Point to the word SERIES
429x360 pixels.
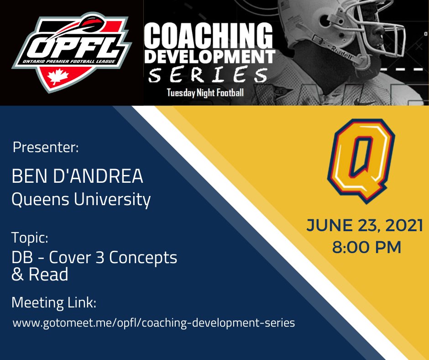tap(208, 75)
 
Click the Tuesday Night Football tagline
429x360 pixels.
tap(205, 93)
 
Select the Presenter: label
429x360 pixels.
tap(46, 148)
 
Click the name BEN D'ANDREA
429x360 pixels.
tap(77, 177)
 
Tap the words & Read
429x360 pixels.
tap(40, 275)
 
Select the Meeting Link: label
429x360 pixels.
tap(54, 302)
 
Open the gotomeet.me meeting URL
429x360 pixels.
tap(153, 323)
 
